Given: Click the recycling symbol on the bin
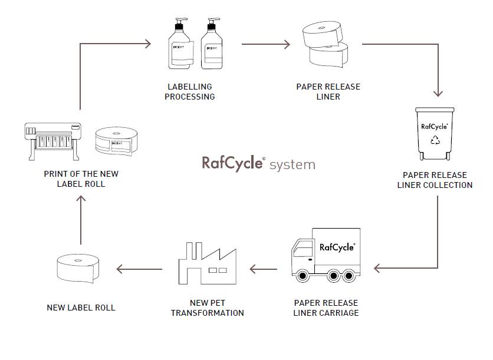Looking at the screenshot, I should point(436,140).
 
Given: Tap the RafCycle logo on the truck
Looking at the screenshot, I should point(337,247).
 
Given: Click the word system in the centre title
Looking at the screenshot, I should point(292,165).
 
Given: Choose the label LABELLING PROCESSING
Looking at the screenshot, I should point(190,92).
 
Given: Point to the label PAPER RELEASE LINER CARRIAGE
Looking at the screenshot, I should point(326,308).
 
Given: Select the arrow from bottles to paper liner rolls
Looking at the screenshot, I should point(266,44).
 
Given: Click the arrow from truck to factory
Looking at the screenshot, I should point(263,269).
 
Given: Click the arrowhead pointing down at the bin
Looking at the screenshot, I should point(438,93).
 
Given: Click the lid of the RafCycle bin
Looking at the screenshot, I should point(436,110).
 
